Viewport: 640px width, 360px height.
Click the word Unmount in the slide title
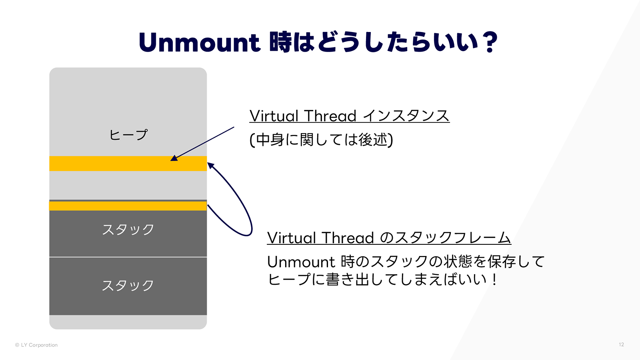tap(199, 43)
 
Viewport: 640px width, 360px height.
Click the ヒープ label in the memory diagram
tap(128, 135)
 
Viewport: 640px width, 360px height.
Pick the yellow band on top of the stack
tap(128, 206)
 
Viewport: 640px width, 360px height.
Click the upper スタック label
tap(128, 230)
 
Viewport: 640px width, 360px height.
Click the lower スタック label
tap(128, 286)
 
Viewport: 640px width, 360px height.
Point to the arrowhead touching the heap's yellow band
tap(174, 158)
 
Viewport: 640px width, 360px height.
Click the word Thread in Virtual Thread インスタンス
tap(330, 116)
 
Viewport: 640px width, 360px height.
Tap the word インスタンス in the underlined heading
tap(406, 116)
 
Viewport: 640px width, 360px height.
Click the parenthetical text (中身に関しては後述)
tap(321, 140)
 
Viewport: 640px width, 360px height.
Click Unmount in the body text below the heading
tap(301, 262)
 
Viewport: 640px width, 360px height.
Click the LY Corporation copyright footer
tap(36, 345)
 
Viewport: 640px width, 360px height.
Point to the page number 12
tap(621, 344)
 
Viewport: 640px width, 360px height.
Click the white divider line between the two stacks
tap(128, 257)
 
